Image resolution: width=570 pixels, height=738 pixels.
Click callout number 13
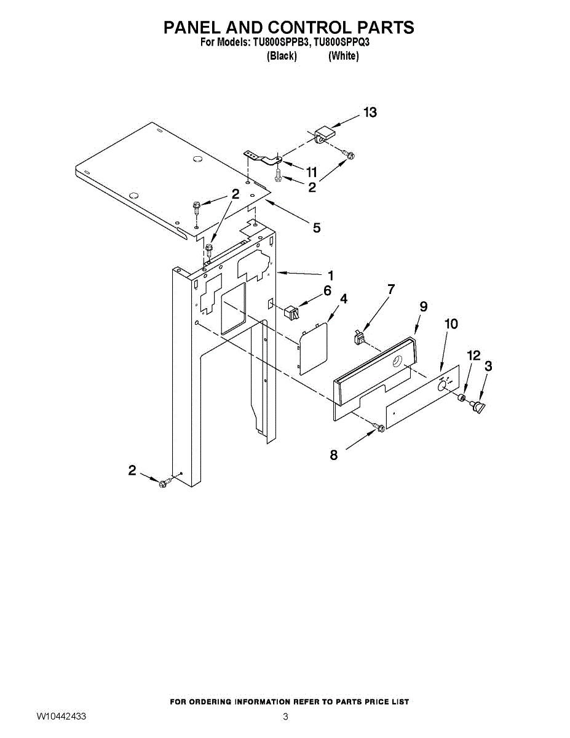click(370, 113)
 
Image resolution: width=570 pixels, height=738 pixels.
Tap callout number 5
click(316, 228)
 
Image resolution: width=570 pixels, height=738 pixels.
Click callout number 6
click(327, 290)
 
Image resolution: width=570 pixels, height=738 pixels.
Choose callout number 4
click(343, 299)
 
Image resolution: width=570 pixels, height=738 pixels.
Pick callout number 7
click(390, 288)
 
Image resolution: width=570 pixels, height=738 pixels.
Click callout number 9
click(423, 306)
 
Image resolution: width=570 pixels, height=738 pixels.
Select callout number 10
click(451, 324)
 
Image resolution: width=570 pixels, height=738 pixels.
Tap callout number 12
click(473, 355)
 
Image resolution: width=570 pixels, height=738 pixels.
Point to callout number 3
click(489, 366)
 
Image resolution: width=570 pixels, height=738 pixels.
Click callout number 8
click(334, 455)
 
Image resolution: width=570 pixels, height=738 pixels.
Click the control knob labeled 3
click(478, 407)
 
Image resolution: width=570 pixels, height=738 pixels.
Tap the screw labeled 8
click(380, 427)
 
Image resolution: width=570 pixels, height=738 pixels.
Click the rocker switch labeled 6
click(293, 312)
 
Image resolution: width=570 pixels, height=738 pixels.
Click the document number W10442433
click(61, 716)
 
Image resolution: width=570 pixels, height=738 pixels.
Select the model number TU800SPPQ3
click(341, 44)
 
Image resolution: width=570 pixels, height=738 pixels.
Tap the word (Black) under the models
click(282, 56)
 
